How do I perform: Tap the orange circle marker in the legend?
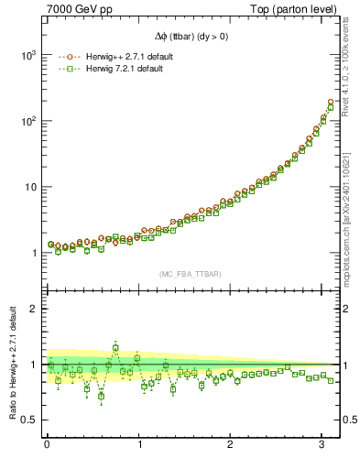(68, 57)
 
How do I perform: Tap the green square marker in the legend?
(68, 70)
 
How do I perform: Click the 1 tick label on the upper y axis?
(33, 253)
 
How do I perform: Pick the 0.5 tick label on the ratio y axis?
(28, 420)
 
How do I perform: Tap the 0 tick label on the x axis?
(47, 443)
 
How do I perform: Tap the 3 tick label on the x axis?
(322, 443)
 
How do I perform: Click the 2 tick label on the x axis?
(231, 443)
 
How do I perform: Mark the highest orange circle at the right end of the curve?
(331, 102)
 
